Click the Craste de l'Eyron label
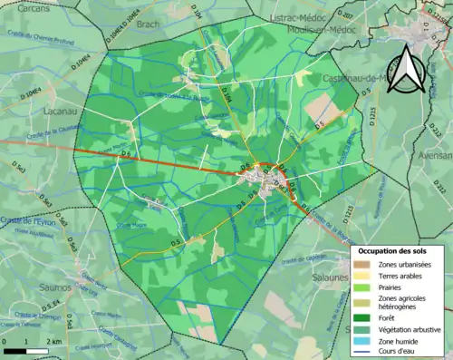click(x=27, y=220)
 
